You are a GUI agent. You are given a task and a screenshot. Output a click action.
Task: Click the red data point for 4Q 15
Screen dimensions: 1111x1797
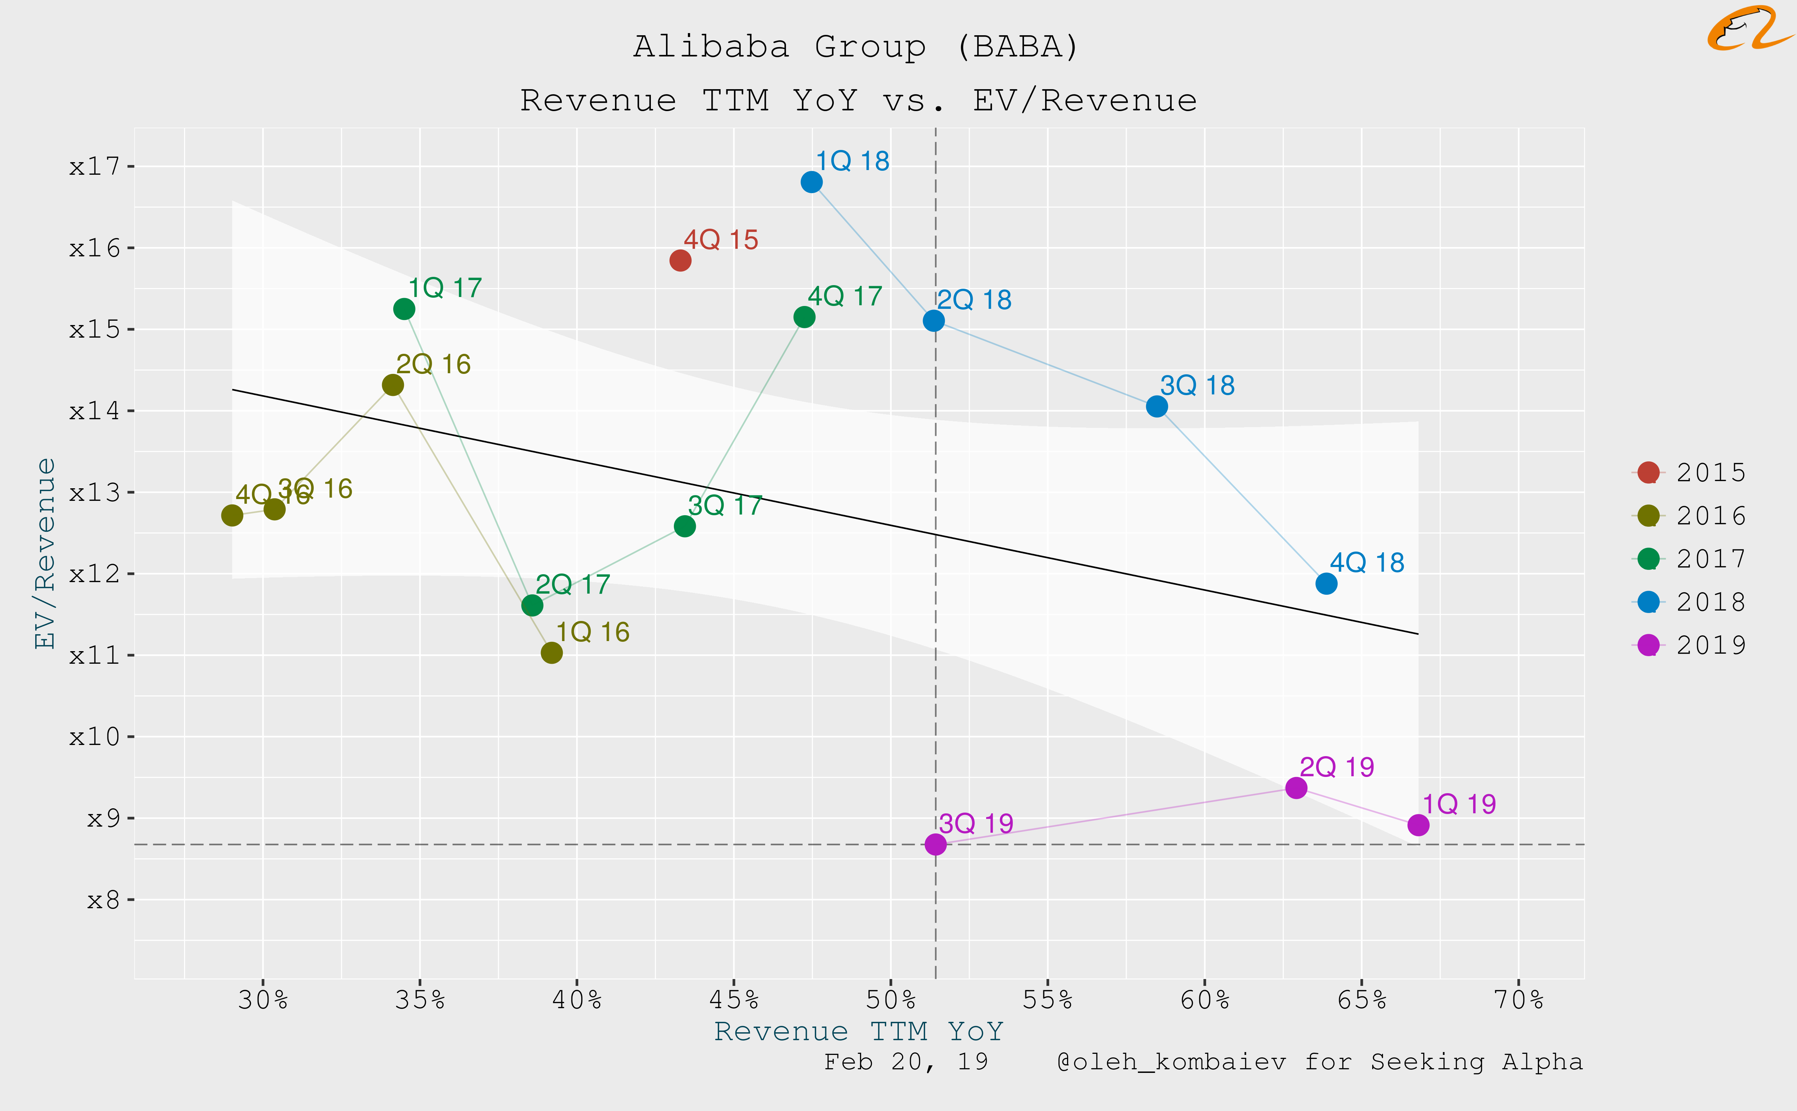680,260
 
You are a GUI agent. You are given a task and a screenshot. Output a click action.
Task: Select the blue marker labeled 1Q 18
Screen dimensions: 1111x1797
812,182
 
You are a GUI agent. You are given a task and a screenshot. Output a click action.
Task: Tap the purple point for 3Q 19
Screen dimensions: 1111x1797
935,844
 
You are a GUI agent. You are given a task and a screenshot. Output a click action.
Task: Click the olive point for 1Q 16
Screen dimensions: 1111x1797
552,653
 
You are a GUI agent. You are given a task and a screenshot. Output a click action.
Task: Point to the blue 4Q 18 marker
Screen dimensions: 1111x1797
1326,584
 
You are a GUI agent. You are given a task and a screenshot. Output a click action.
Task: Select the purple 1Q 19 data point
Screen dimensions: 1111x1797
1418,825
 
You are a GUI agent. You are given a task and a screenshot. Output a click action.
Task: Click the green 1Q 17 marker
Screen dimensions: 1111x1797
404,308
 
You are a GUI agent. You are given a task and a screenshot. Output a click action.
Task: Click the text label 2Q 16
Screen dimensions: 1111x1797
433,364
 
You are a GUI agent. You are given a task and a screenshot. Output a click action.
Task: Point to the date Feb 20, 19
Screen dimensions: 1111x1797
905,1062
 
